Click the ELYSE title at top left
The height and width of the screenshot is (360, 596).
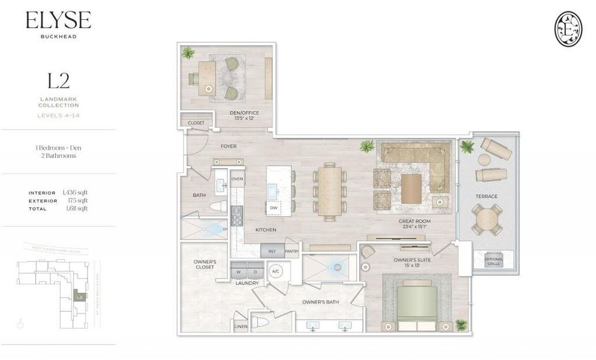[58, 22]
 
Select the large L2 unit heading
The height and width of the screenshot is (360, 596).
[58, 80]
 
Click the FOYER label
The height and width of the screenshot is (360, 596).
[228, 146]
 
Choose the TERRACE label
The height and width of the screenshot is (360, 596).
[487, 196]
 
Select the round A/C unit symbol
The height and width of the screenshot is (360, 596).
[276, 271]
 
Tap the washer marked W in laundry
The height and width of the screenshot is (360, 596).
[239, 271]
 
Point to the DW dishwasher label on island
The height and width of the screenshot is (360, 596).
[273, 208]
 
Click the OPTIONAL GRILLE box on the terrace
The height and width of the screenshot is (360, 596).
[494, 260]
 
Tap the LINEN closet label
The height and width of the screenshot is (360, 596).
[240, 327]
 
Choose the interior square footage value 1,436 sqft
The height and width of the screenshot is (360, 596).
[75, 193]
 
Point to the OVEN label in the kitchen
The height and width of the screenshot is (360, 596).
[237, 179]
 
